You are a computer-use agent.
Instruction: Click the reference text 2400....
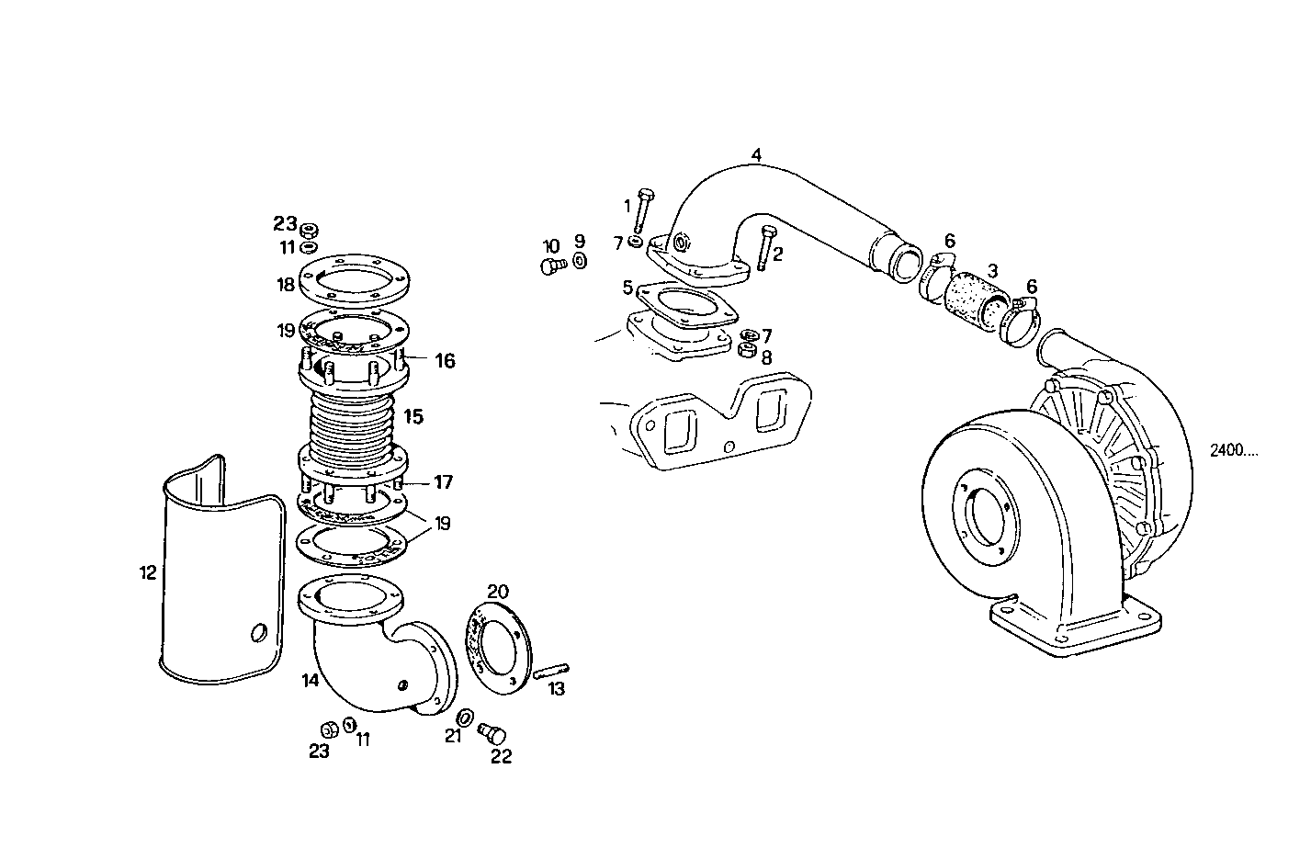1233,450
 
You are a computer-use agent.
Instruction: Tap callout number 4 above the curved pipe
756,155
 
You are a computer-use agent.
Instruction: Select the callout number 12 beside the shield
148,573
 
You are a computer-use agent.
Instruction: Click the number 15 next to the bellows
413,417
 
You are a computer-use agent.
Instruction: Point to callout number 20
497,591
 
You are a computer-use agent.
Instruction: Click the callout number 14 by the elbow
310,681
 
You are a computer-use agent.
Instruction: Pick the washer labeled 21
466,717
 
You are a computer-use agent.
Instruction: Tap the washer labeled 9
580,261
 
